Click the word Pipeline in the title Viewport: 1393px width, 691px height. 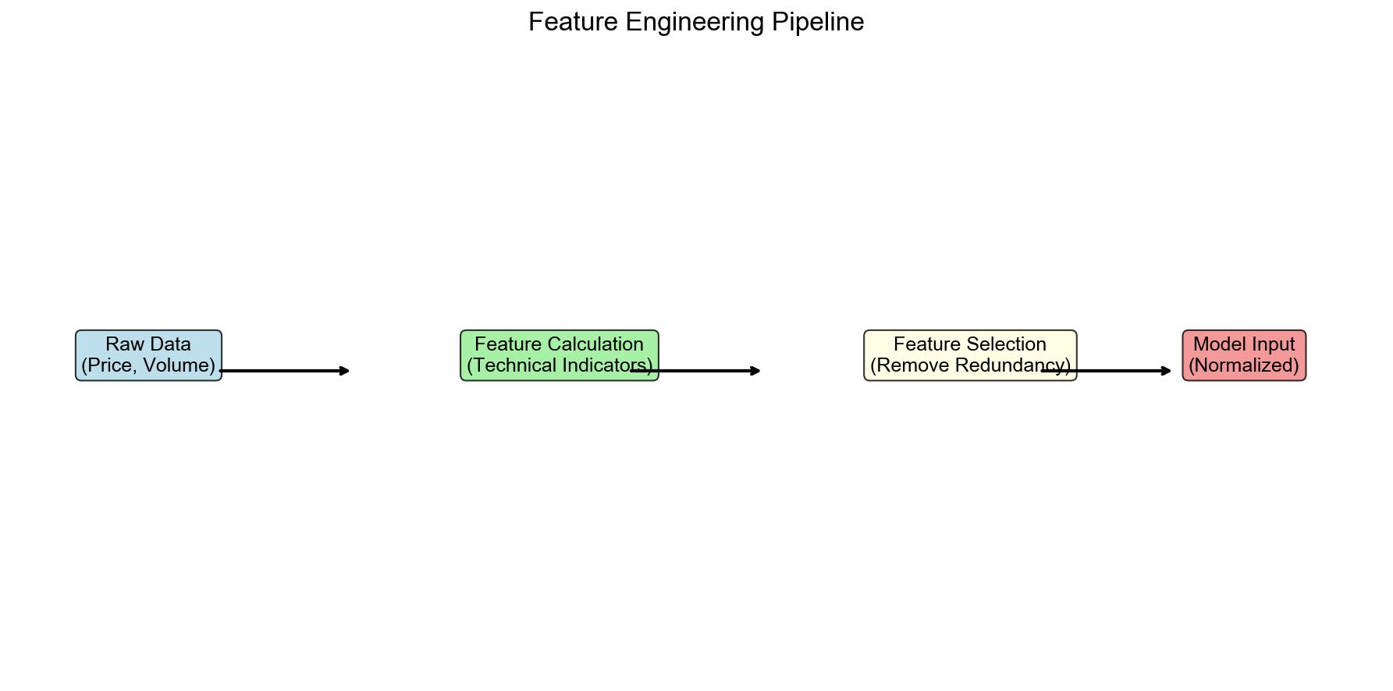(818, 22)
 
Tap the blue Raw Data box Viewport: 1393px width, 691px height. (148, 355)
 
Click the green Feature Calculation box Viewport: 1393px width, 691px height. (560, 355)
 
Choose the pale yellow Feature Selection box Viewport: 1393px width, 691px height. (970, 355)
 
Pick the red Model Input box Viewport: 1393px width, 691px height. (1244, 355)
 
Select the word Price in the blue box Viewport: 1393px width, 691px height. (113, 365)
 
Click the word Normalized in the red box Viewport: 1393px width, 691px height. (1244, 365)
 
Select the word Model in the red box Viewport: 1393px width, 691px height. (1217, 344)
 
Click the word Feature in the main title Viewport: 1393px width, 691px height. (574, 22)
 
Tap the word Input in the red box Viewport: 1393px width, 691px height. (1271, 344)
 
